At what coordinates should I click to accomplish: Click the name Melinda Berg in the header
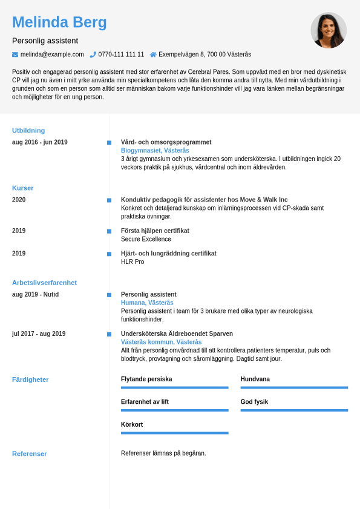[59, 22]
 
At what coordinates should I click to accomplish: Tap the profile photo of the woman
[329, 30]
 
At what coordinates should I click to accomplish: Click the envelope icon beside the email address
[15, 54]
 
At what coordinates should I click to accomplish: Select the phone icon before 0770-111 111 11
[93, 54]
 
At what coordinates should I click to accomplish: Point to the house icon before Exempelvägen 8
[153, 54]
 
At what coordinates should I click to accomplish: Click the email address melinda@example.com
[52, 54]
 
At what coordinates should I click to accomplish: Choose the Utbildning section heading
[28, 130]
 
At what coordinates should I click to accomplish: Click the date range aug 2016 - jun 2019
[40, 142]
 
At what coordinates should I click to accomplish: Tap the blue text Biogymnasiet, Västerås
[155, 151]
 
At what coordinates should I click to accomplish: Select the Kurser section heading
[23, 188]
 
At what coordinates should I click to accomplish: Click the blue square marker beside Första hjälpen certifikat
[109, 231]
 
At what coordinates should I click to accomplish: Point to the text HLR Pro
[133, 262]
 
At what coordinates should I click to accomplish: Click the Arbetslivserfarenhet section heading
[44, 283]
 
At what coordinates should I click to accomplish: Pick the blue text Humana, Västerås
[147, 303]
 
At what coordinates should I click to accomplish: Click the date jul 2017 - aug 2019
[39, 333]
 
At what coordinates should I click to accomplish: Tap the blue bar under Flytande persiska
[174, 387]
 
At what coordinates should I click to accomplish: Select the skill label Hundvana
[255, 379]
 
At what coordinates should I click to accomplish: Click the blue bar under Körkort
[174, 433]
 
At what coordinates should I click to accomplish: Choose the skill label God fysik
[254, 402]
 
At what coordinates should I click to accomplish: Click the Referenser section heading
[29, 453]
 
